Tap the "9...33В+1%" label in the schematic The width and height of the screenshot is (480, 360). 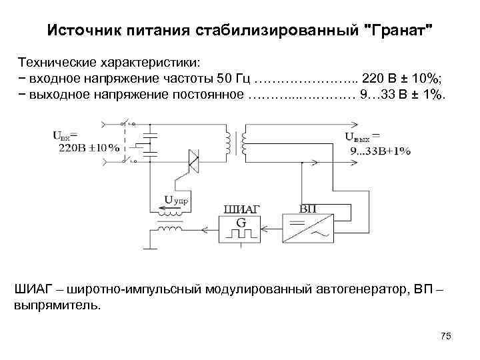[381, 151]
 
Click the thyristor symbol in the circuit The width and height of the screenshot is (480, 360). [193, 161]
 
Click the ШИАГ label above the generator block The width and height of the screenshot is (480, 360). [243, 209]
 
